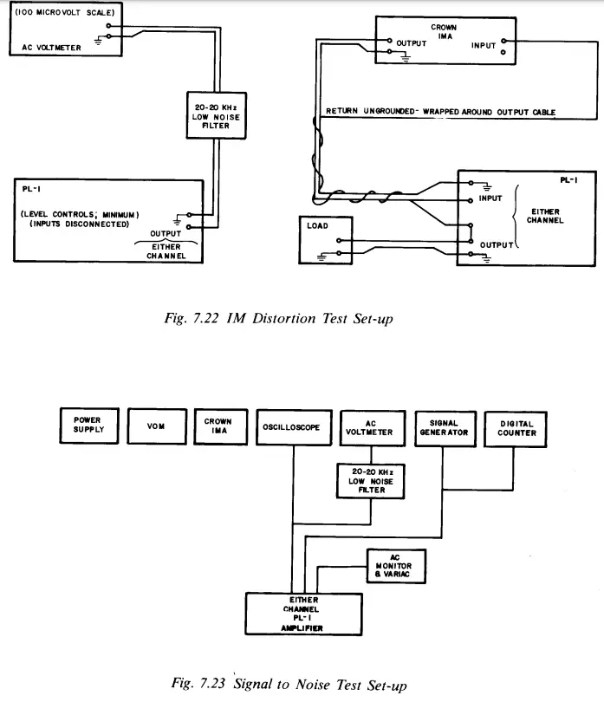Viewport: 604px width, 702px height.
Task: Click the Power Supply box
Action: click(x=89, y=426)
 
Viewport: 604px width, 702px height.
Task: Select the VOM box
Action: click(x=157, y=426)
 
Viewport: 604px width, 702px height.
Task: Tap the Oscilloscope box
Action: click(x=294, y=427)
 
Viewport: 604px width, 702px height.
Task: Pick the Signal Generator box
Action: click(x=445, y=429)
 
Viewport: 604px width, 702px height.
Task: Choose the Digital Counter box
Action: click(x=516, y=429)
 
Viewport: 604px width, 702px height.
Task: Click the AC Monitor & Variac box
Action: click(x=396, y=566)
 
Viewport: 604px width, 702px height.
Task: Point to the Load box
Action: click(x=326, y=240)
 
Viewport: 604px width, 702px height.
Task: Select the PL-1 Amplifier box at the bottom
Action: click(x=303, y=614)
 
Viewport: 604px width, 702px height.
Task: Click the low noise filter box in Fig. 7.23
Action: click(x=371, y=481)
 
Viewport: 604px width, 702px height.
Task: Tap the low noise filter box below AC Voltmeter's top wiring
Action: click(x=217, y=115)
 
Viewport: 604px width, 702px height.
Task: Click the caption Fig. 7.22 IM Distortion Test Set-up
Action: click(x=278, y=318)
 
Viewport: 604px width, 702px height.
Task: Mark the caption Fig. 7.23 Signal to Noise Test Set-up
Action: click(x=289, y=684)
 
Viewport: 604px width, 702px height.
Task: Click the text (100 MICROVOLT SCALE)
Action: click(x=65, y=12)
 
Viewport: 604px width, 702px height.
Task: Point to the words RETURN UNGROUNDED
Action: click(x=370, y=111)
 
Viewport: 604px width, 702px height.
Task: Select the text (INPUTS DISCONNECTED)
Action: click(x=79, y=224)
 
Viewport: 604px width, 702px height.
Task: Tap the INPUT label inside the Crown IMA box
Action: click(x=483, y=45)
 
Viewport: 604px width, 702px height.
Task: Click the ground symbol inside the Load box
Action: click(x=321, y=257)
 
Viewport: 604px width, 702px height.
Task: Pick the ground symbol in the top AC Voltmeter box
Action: click(x=98, y=42)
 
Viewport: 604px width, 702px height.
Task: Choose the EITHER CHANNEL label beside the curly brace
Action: click(x=545, y=216)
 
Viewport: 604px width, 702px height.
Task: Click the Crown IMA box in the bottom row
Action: click(x=221, y=426)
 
